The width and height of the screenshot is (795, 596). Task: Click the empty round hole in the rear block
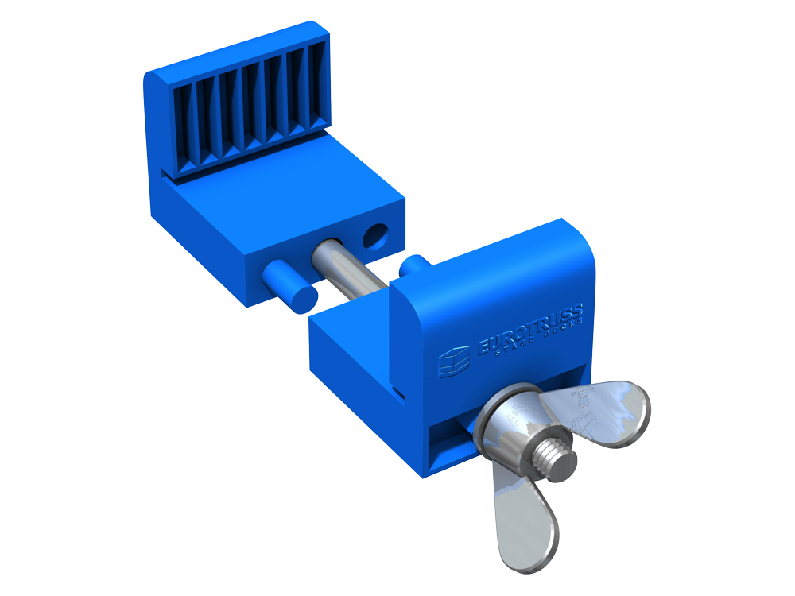[374, 235]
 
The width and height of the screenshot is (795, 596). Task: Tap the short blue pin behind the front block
[413, 265]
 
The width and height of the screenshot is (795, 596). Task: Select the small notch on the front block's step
[398, 393]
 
